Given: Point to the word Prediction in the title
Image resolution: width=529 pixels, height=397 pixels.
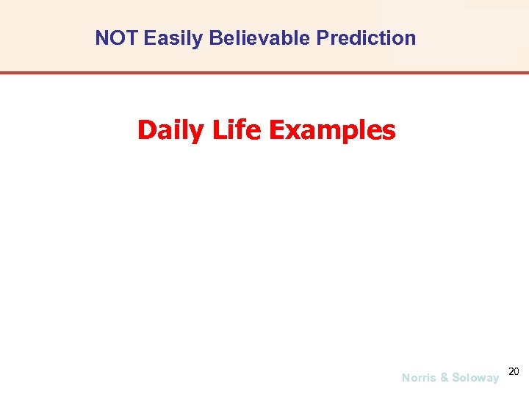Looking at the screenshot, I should [366, 38].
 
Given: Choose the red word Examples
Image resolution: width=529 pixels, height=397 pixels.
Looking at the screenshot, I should [332, 131].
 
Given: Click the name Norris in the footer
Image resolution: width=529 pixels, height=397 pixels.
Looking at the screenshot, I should [419, 378].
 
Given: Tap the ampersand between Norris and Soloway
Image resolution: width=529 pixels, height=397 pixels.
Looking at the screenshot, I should [444, 378].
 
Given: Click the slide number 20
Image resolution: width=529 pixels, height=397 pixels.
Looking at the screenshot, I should [513, 371].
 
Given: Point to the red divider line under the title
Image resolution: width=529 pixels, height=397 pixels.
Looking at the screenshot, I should [264, 73].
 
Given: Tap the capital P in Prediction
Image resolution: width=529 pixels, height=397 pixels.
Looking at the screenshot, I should [322, 38].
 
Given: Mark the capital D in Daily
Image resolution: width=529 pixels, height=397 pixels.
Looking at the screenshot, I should [145, 131].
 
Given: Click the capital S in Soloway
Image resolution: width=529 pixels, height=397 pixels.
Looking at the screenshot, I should [456, 378].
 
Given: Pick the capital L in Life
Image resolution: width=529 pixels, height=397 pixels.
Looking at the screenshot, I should [217, 130].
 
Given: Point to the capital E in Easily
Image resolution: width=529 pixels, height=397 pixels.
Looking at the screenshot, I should [149, 38].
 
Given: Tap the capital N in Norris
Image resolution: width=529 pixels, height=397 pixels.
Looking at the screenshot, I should [406, 378].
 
